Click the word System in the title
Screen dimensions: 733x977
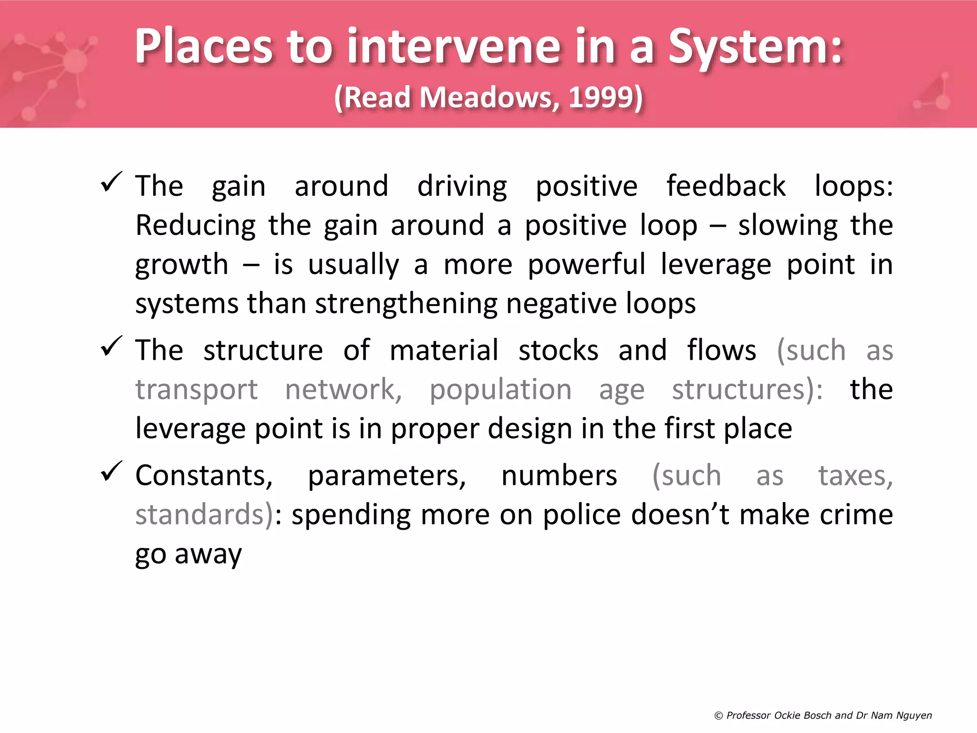coord(755,46)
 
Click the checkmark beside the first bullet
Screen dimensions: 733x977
coord(112,182)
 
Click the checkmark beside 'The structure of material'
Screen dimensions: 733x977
coord(112,346)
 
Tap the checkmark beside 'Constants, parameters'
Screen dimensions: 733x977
coord(112,471)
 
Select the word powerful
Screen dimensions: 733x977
coord(586,264)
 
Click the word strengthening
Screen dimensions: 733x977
coord(406,304)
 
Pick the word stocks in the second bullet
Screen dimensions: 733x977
coord(558,350)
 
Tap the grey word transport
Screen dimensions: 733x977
coord(197,390)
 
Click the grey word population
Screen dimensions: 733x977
coord(500,390)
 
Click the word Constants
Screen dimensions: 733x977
coord(204,476)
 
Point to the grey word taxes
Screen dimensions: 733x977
coord(855,476)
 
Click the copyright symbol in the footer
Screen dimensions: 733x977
coord(718,715)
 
